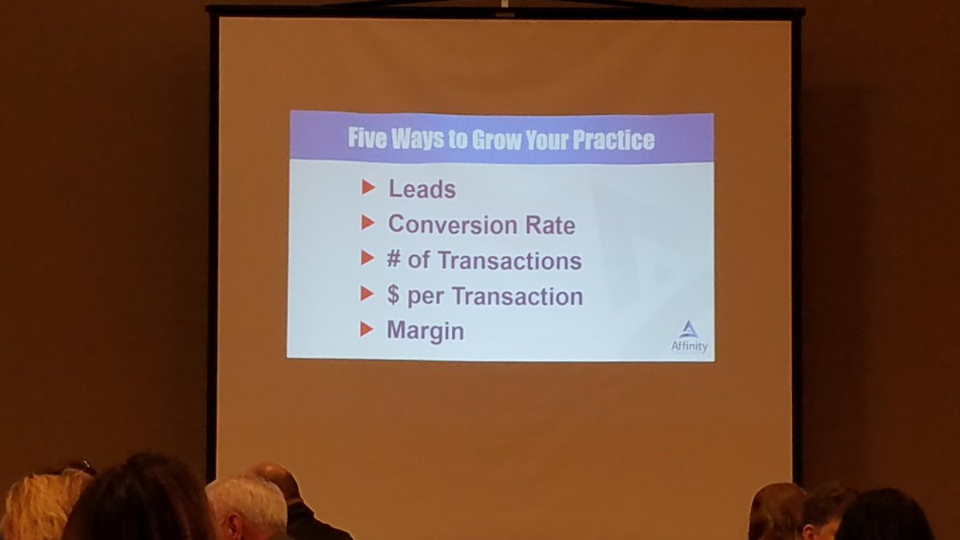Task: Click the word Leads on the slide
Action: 422,190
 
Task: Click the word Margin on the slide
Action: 425,330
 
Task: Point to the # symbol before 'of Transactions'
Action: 394,260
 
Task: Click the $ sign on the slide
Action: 393,295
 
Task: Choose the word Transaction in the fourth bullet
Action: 518,296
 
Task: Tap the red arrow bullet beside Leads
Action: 368,187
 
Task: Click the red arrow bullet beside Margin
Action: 366,329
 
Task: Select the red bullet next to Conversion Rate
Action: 368,222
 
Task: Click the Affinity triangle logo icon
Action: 689,330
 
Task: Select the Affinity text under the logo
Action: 689,346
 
